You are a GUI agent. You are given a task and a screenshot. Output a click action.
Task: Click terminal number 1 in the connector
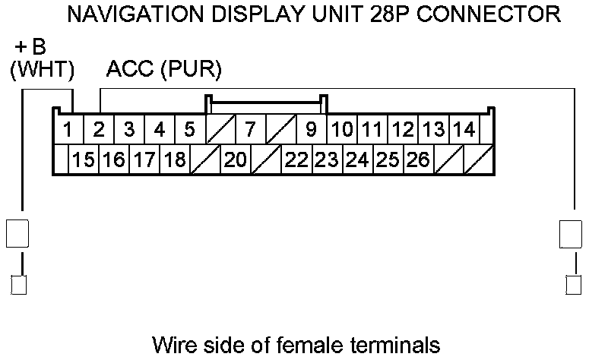coord(68,129)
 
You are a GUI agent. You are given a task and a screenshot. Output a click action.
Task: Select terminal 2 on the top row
coord(99,129)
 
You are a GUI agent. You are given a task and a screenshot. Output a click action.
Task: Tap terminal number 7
coord(250,129)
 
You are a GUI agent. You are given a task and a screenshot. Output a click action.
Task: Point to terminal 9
coord(311,129)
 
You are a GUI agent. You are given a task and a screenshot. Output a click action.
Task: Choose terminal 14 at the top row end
coord(464,129)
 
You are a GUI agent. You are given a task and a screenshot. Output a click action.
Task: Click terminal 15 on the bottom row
coord(84,159)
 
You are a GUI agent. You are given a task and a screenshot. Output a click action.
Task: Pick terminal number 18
coord(175,159)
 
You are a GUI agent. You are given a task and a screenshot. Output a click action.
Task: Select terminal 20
coord(236,159)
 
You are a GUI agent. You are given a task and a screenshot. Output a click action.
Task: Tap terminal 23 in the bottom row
coord(327,159)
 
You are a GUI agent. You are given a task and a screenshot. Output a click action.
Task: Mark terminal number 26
coord(418,159)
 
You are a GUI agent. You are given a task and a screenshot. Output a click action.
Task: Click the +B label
coord(30,48)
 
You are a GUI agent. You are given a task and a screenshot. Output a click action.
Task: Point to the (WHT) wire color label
coord(42,70)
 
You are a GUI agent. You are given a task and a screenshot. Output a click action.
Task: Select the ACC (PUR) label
coord(163,70)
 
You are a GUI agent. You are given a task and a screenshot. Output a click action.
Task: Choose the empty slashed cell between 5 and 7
coord(220,129)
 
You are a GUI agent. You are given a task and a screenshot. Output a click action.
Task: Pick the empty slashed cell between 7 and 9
coord(280,129)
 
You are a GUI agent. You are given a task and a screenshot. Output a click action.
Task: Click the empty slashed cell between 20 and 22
coord(266,159)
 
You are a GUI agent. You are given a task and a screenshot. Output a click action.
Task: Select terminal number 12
coord(403,129)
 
